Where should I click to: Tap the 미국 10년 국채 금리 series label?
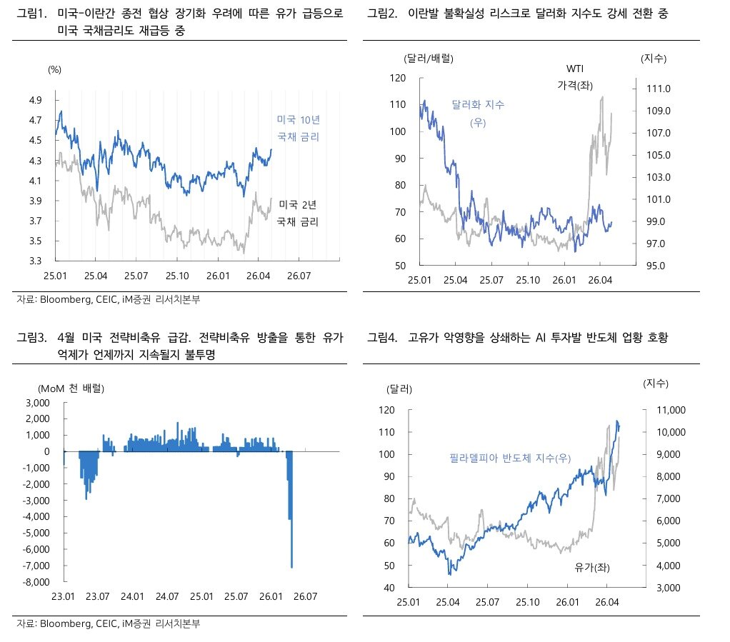[298, 129]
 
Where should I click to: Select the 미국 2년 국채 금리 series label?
[298, 213]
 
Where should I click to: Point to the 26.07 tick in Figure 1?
[299, 275]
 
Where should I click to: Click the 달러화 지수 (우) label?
[478, 114]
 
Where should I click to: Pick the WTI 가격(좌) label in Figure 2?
[575, 76]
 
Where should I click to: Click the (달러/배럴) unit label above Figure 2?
[429, 58]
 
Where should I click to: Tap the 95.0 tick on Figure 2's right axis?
[655, 266]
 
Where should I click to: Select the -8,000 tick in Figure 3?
[36, 582]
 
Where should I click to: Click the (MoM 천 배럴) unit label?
[71, 388]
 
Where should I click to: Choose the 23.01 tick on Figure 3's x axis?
[64, 596]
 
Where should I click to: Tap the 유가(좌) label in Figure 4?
[594, 567]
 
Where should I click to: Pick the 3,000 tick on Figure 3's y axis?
[38, 403]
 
